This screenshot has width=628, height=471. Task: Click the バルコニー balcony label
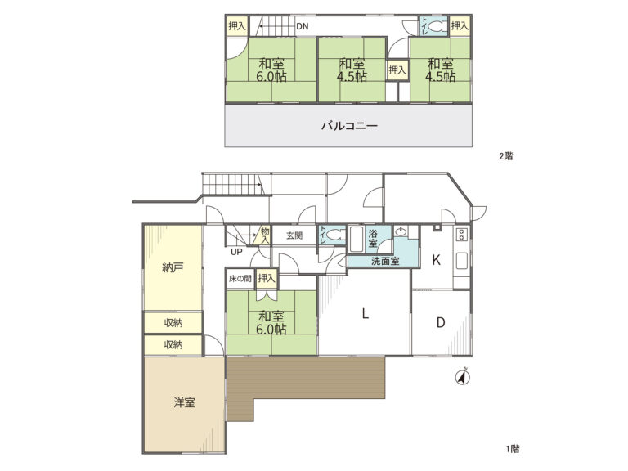point(349,126)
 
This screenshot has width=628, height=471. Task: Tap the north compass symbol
point(463,377)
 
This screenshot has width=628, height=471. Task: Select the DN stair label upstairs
point(303,26)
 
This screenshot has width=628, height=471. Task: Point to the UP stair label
point(236,252)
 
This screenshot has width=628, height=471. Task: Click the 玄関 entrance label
point(294,235)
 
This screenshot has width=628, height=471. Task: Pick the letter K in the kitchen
point(436,260)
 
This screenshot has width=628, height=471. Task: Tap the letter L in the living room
point(365,313)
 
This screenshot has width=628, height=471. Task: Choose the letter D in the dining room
point(441,322)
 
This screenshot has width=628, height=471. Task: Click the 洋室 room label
point(184,402)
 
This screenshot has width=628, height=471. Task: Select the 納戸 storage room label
point(173,267)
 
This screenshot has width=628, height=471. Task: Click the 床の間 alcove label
point(240,278)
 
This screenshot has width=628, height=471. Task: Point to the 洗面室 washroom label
point(385,262)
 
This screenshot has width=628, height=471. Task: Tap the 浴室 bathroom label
point(373,238)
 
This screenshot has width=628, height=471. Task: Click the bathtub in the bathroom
point(356,239)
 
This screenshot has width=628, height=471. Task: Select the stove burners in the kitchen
point(462,235)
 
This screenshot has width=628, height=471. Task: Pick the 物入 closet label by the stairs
point(265,235)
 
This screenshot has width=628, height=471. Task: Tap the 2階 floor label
point(506,156)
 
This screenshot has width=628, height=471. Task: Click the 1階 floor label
point(513,449)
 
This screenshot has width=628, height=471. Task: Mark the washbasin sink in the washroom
point(400,231)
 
